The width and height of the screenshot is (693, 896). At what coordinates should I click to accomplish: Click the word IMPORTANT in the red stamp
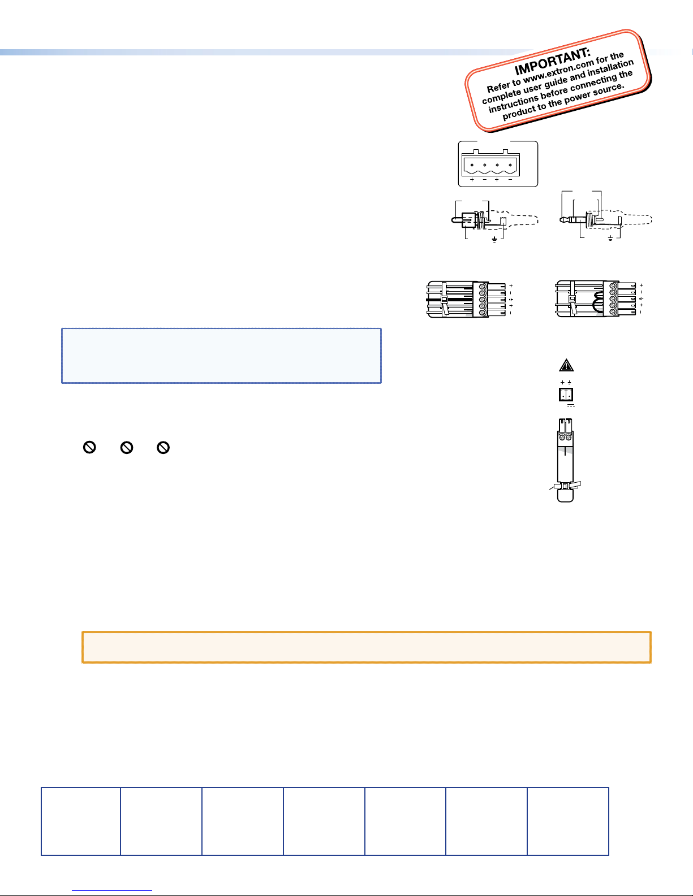(552, 62)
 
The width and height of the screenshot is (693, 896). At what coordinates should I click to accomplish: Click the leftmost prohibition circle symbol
(89, 447)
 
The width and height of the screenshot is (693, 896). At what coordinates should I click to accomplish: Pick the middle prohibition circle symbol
(127, 447)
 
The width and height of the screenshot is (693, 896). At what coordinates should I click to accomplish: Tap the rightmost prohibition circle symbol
(163, 447)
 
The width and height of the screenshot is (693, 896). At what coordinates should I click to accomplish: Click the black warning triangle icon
(566, 365)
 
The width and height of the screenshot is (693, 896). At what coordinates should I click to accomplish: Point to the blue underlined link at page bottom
(112, 890)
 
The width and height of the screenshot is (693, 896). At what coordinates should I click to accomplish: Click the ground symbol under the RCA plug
(494, 240)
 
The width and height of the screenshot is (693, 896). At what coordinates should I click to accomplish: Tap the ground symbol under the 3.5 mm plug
(610, 239)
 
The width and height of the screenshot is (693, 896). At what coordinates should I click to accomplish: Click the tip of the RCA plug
(454, 220)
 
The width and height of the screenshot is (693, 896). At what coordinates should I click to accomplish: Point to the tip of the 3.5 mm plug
(562, 220)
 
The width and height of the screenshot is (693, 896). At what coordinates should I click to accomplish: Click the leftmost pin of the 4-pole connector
(472, 165)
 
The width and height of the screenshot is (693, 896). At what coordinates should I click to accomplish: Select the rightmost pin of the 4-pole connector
(510, 165)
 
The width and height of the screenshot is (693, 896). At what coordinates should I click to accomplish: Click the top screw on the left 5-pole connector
(483, 286)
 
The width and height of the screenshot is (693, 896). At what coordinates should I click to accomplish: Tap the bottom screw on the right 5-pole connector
(613, 312)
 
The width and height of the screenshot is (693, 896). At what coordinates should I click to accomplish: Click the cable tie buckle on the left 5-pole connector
(444, 300)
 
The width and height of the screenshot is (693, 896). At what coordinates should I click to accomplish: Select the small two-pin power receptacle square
(566, 395)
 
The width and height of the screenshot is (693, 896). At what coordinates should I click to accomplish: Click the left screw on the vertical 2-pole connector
(562, 437)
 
